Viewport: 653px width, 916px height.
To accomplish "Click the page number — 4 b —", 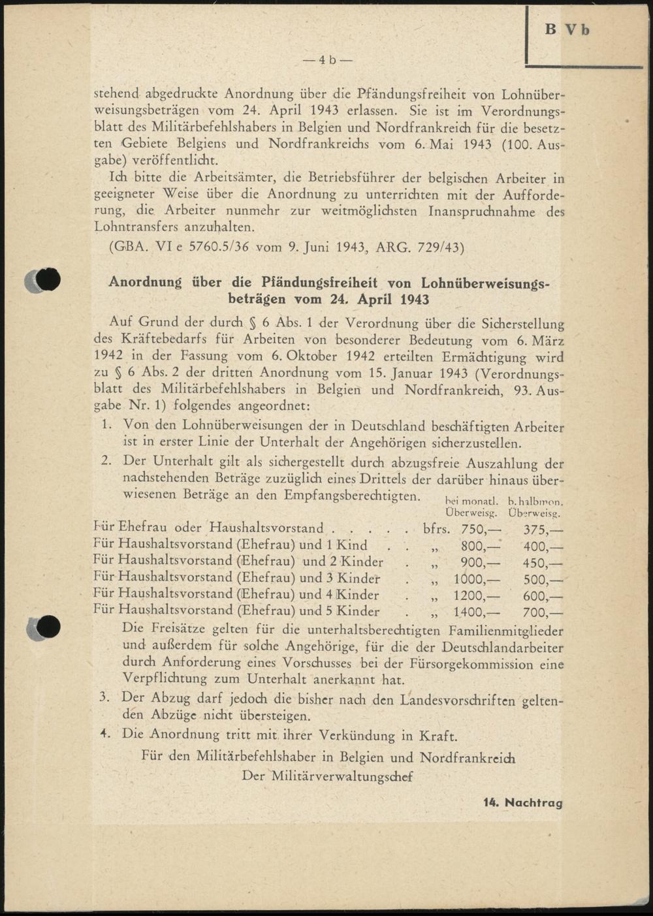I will point(327,60).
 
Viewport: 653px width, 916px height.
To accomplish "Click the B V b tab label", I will point(567,30).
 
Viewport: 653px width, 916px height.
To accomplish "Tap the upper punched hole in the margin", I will point(46,279).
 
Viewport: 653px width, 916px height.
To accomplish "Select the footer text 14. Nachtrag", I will point(522,802).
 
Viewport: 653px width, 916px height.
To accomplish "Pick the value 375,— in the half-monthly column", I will point(543,529).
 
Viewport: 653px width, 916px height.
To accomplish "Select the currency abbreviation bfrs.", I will point(436,529).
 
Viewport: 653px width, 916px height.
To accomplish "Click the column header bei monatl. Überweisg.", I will point(471,507).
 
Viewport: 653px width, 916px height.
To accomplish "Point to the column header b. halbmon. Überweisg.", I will point(535,507).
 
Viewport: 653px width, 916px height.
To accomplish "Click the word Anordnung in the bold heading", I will point(145,282).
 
